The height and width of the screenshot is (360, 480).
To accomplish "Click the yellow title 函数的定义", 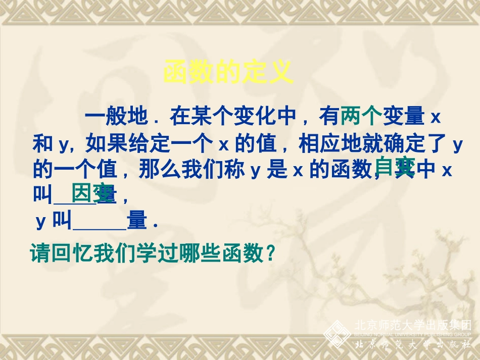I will click(229, 73).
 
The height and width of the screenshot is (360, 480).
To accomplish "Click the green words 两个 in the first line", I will click(360, 117).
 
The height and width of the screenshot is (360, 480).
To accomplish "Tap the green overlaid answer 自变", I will click(395, 167).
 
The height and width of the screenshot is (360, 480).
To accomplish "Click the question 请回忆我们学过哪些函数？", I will click(154, 252).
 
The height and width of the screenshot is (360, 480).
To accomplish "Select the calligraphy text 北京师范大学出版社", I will click(413, 344).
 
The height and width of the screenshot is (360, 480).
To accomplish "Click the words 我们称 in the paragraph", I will click(222, 171).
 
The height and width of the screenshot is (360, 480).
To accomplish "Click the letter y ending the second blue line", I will click(457, 145).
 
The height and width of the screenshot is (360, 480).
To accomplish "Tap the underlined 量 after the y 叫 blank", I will click(136, 221).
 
